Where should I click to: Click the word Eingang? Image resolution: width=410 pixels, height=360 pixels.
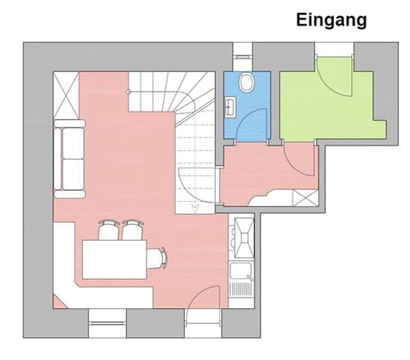[331, 20]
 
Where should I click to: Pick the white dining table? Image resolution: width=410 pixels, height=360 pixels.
[114, 259]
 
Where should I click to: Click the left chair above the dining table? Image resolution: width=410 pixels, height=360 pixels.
[108, 229]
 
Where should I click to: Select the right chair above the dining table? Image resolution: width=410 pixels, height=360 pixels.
[133, 229]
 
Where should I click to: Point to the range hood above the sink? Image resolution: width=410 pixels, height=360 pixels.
[243, 235]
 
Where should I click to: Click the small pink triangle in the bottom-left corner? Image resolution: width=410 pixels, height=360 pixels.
[59, 302]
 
